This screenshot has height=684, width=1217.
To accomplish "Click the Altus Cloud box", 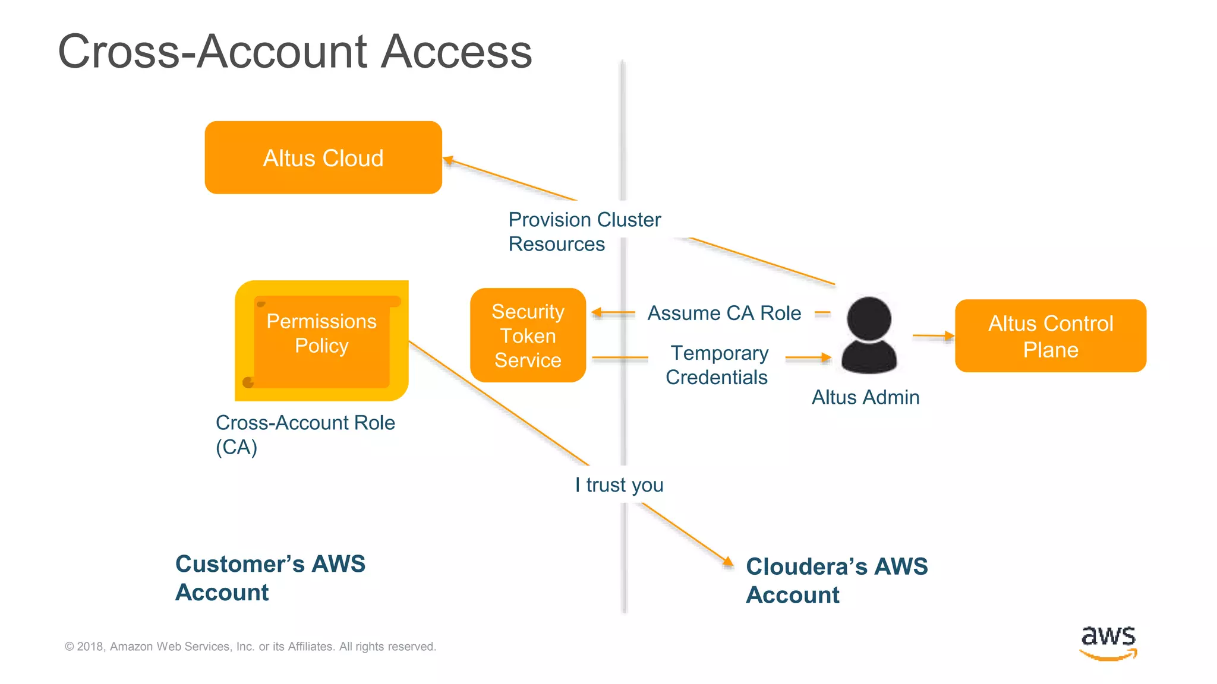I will (x=323, y=158).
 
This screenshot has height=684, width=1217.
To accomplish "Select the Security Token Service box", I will (x=528, y=335).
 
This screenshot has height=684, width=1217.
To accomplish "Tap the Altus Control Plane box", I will (x=1050, y=336).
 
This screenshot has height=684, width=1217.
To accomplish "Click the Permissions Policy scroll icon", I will (x=321, y=341).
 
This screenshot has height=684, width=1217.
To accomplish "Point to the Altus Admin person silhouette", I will (x=869, y=336).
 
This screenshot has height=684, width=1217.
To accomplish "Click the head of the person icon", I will (x=869, y=318).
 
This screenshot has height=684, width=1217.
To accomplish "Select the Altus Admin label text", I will (x=865, y=397).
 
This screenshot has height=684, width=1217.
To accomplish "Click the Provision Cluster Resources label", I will (x=584, y=232).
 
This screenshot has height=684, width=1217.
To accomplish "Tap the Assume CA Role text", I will (x=724, y=313).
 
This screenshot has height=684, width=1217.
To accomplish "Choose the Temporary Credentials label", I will (x=718, y=365).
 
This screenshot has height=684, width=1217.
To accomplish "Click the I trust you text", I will (x=619, y=485).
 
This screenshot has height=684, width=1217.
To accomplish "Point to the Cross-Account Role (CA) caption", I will (x=305, y=435).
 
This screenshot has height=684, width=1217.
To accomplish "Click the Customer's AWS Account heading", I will (x=270, y=578).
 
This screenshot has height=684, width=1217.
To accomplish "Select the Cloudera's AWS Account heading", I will (x=836, y=581).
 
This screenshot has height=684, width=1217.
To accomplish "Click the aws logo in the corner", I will (x=1108, y=642).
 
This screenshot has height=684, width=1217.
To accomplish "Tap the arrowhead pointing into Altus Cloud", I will (x=449, y=160).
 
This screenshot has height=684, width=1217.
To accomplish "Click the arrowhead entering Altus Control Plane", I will (x=949, y=336).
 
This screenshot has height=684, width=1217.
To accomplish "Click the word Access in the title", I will (x=456, y=52).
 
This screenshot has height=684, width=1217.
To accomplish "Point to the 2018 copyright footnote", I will (x=250, y=647).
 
